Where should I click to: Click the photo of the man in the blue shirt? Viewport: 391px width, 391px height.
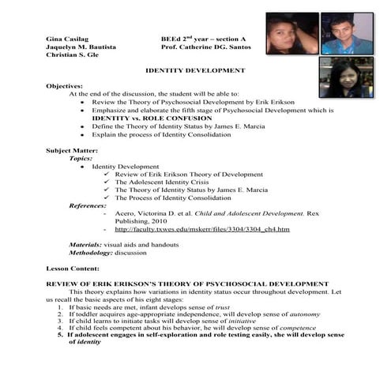348,32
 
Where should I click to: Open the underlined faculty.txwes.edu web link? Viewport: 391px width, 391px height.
202,229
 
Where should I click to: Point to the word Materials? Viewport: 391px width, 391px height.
85,246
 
